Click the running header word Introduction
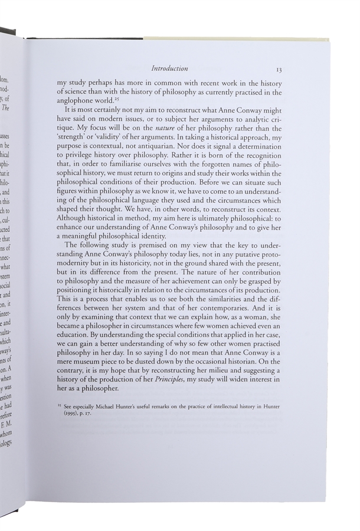(169, 68)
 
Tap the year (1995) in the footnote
(68, 415)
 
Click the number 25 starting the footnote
(60, 407)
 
